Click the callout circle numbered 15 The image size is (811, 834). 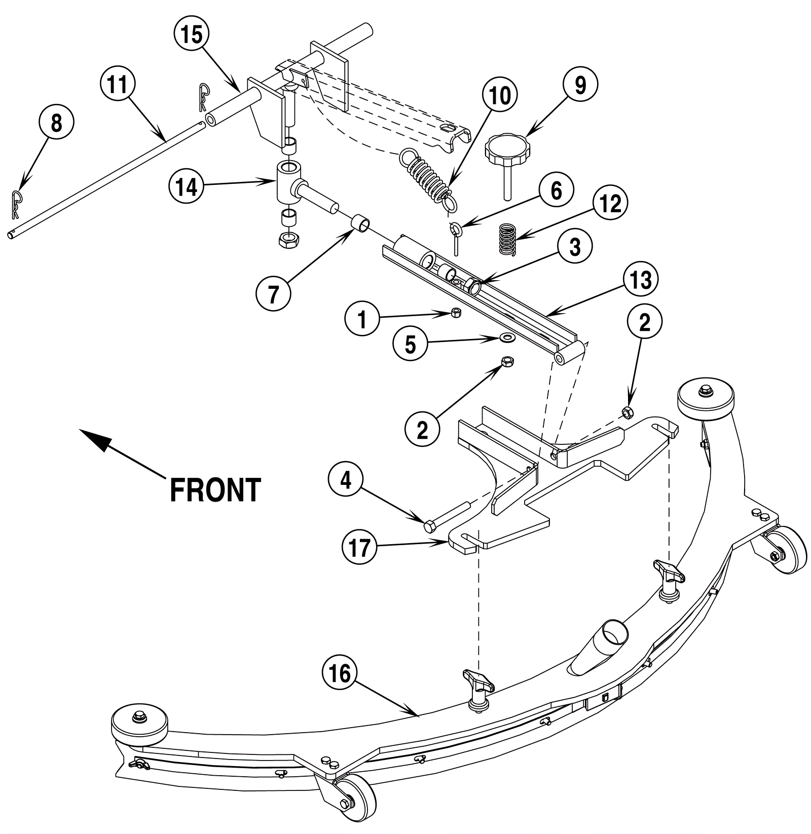192,35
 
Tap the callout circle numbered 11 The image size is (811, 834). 118,84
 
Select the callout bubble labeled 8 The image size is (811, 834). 56,123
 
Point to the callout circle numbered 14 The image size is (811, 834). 187,187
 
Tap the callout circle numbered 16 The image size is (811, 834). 340,674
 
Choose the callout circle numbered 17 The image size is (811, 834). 359,547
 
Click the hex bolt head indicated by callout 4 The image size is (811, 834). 429,527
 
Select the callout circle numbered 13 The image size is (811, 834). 641,279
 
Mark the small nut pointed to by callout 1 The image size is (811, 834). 456,313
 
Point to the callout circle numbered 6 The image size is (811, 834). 556,191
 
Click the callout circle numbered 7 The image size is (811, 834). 273,293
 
